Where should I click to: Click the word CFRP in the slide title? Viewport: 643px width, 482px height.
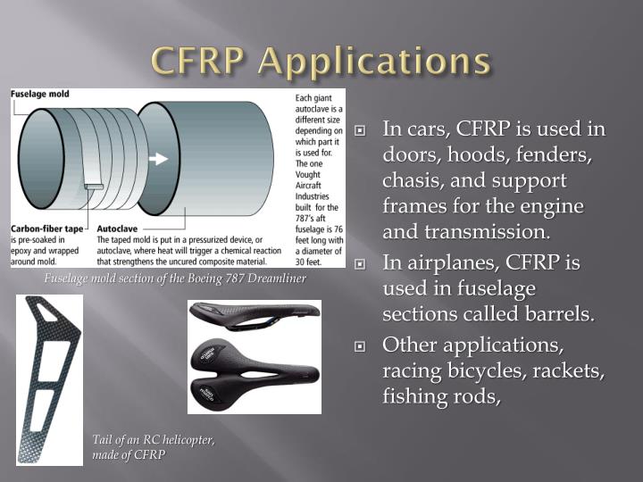tap(205, 60)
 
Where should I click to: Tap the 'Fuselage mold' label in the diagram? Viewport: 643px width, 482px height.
tap(40, 94)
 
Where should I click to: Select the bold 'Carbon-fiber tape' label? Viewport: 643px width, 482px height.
tap(46, 229)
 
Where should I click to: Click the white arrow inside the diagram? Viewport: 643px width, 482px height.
tap(158, 159)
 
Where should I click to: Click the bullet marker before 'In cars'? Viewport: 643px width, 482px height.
tap(361, 130)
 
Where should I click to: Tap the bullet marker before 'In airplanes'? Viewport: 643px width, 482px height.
tap(361, 264)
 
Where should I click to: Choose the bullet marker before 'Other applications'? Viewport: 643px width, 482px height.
tap(361, 345)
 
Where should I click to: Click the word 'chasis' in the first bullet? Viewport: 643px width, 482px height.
tap(411, 180)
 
